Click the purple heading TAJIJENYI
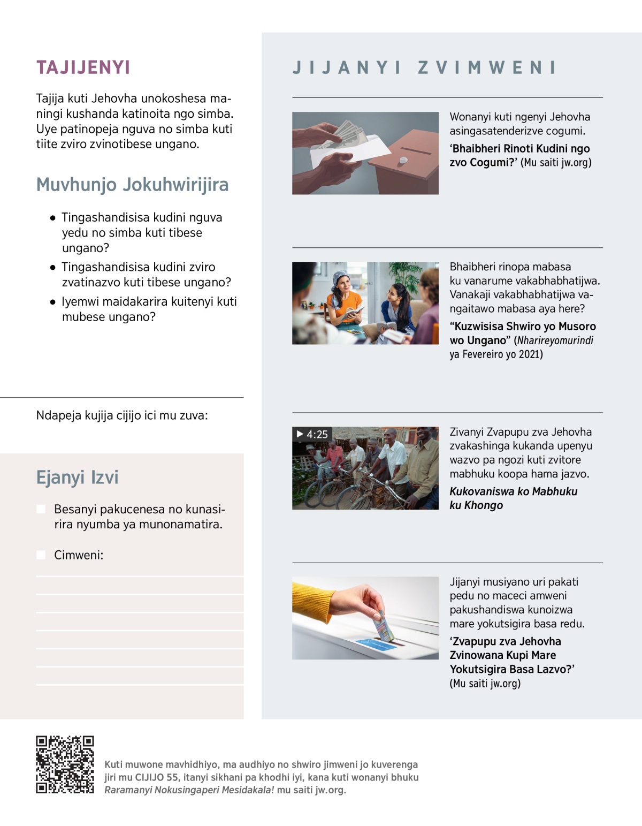coord(83,67)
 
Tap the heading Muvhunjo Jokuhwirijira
coord(132,185)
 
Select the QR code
coord(65,764)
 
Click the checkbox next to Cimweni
coord(41,555)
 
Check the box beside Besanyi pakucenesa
coord(41,509)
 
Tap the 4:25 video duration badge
coord(312,434)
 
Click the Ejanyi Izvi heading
coord(77,478)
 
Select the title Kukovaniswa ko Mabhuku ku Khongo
coord(513,498)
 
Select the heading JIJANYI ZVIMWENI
coord(425,68)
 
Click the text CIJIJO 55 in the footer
coord(157,777)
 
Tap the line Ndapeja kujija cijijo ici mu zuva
coord(122,415)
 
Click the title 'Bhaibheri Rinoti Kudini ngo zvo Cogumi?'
coord(519,155)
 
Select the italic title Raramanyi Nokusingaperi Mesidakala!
coord(189,790)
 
